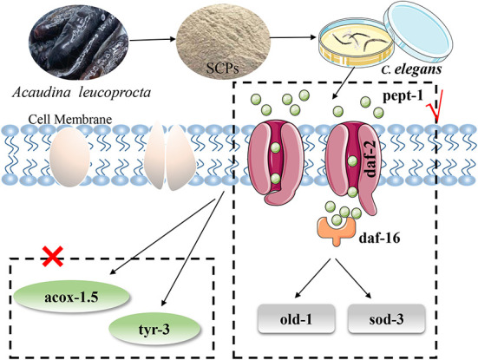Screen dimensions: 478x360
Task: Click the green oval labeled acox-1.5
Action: coord(72,297)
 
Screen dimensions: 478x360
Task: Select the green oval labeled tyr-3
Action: coord(155,330)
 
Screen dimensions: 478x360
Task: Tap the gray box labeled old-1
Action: coord(297,319)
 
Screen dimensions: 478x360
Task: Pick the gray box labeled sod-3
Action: coord(386,319)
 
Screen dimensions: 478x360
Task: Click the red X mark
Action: coord(52,257)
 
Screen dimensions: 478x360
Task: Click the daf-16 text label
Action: coord(379,238)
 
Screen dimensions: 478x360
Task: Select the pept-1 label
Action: coord(403,95)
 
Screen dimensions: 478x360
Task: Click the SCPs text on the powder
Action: coord(222,69)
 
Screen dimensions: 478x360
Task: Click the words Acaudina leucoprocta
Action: coord(82,92)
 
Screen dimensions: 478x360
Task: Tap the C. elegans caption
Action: coord(411,69)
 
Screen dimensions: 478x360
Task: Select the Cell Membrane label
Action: coord(70,119)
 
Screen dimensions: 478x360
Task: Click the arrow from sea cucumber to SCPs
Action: coord(153,39)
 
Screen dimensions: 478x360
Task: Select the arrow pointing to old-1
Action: coord(313,278)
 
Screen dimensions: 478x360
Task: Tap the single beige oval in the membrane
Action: coord(69,156)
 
